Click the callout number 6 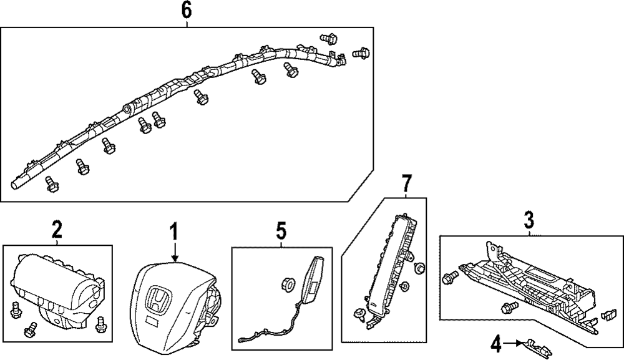[x=186, y=11]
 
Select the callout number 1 [x=173, y=231]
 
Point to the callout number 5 [x=281, y=231]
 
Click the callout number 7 [x=406, y=183]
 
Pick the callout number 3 [x=529, y=220]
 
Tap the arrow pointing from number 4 [x=516, y=342]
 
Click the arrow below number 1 [x=174, y=251]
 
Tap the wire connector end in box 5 [x=243, y=340]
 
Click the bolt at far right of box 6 [x=361, y=52]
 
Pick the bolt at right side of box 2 [x=100, y=325]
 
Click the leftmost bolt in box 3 [x=451, y=278]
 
